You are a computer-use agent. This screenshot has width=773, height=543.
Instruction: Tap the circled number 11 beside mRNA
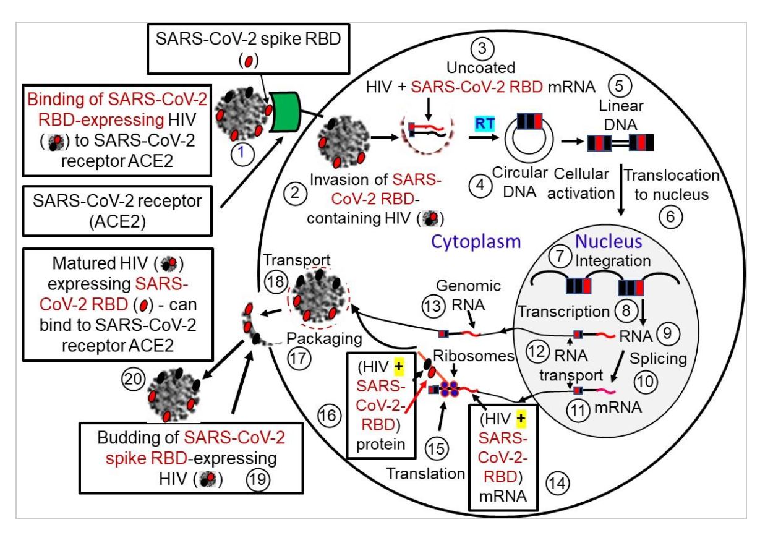click(x=581, y=408)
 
